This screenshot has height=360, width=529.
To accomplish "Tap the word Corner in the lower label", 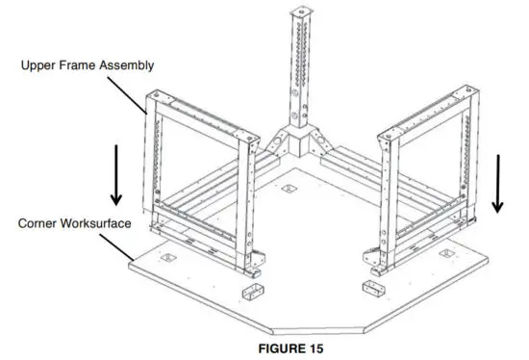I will click(37, 222).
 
